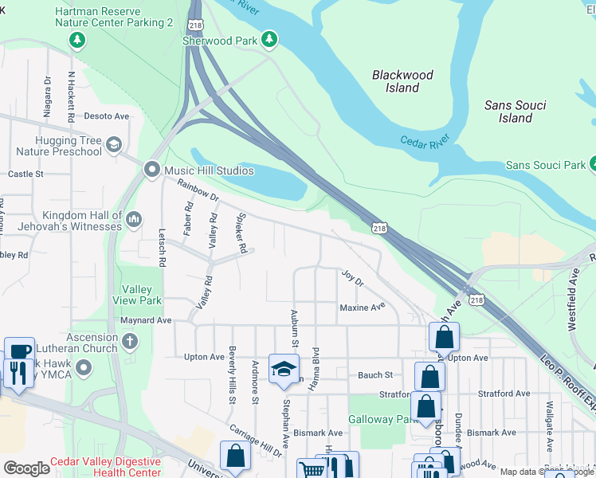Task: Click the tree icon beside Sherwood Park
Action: point(269,38)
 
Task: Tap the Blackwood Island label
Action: point(403,81)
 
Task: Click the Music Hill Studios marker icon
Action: point(152,170)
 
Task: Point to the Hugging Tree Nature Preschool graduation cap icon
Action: point(114,144)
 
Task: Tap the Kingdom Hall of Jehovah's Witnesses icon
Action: point(134,218)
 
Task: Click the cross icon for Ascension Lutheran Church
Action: point(129,342)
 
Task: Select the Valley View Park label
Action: point(142,295)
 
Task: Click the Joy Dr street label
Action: point(352,279)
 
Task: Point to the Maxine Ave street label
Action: point(363,307)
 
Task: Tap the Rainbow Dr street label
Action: point(198,190)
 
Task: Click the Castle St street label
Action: point(25,174)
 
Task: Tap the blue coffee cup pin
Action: point(19,351)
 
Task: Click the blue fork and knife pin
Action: point(15,372)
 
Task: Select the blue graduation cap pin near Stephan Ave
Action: point(283,368)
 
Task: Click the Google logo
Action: point(26,468)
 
